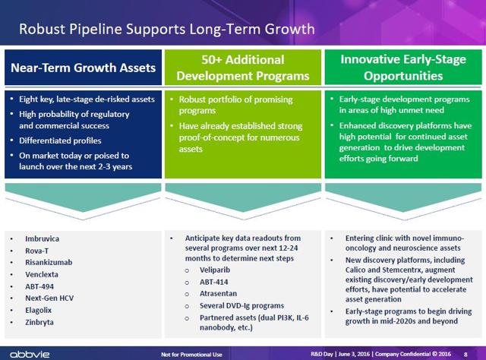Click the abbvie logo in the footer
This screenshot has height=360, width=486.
click(30, 354)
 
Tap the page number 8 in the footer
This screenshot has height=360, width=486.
click(465, 355)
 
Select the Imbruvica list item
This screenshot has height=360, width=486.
click(43, 238)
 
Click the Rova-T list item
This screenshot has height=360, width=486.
click(37, 251)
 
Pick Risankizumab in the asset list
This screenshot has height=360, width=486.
click(49, 262)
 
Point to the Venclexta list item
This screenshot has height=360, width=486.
click(42, 274)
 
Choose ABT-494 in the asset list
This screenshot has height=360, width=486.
click(39, 286)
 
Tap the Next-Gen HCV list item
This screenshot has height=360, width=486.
click(49, 298)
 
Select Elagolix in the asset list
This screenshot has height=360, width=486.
click(39, 310)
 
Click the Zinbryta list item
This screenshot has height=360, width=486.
click(39, 322)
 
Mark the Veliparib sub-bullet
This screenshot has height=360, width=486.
click(215, 270)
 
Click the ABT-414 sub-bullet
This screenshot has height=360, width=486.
click(214, 283)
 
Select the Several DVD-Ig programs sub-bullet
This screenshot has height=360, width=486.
click(241, 306)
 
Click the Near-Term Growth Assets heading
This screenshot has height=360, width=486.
click(83, 68)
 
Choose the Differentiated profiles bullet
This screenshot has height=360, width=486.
click(60, 141)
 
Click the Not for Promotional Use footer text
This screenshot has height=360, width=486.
click(191, 355)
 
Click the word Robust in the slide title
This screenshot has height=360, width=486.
click(43, 29)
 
